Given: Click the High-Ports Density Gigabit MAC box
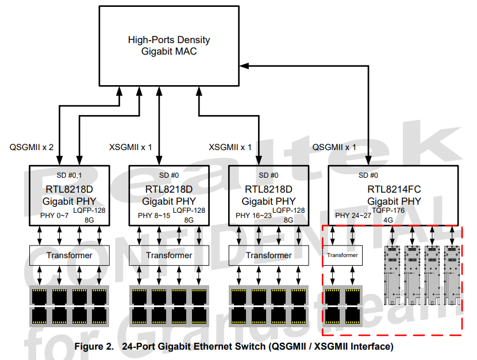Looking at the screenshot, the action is point(169,45).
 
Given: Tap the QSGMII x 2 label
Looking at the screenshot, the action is point(32,147).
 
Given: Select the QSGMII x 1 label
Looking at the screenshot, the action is point(334,147).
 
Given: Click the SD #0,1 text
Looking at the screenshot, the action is point(69,175).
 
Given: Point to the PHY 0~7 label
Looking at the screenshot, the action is point(55,216).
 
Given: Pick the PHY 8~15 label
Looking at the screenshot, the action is point(154,216).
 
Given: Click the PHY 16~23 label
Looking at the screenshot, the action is point(253,216).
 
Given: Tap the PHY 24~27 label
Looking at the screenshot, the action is point(353,216).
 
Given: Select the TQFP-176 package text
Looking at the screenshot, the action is point(388,210).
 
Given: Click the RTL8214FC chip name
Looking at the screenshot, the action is point(394,189).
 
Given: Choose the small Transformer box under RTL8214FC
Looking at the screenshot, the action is point(343,255).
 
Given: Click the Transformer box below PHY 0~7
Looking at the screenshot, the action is point(70,255).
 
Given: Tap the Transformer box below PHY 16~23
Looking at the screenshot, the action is point(268,255).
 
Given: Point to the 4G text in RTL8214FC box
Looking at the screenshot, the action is point(388,220).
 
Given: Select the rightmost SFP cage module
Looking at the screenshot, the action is point(452,275).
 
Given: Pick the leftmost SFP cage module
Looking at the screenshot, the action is point(392,275).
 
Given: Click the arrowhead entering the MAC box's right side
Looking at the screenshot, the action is point(244,66).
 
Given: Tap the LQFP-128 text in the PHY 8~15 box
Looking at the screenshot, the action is point(189,210).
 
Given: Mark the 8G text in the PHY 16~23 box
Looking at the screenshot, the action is point(288,220).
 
